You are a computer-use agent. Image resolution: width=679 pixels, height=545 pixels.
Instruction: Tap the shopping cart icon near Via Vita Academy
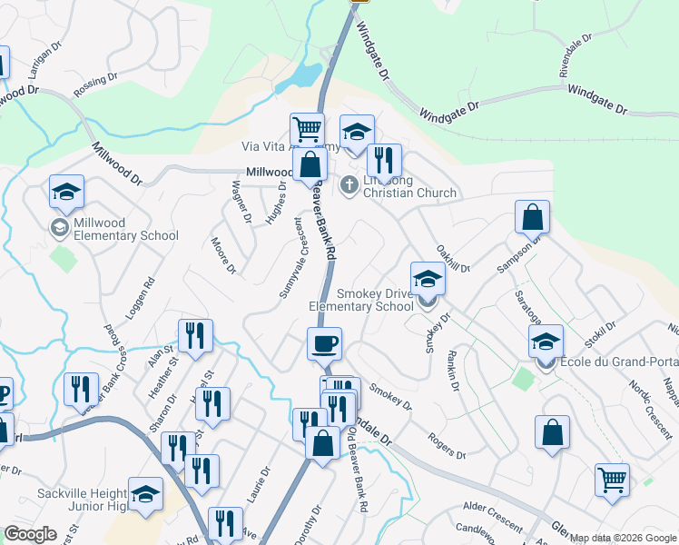[x=308, y=130]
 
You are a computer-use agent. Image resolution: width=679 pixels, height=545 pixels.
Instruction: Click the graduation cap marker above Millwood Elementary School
[x=67, y=192]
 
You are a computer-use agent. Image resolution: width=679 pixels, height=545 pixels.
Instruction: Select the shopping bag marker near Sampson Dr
[x=532, y=217]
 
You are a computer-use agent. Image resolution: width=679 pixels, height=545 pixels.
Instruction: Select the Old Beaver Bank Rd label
[x=359, y=473]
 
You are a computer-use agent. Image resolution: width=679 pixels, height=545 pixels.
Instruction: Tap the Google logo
[x=30, y=534]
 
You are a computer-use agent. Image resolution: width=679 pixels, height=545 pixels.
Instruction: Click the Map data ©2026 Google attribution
[x=623, y=538]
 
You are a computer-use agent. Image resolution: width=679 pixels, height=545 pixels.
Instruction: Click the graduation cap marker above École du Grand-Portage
[x=546, y=342]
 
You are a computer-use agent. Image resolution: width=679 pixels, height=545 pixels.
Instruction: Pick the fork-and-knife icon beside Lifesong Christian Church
[x=384, y=161]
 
